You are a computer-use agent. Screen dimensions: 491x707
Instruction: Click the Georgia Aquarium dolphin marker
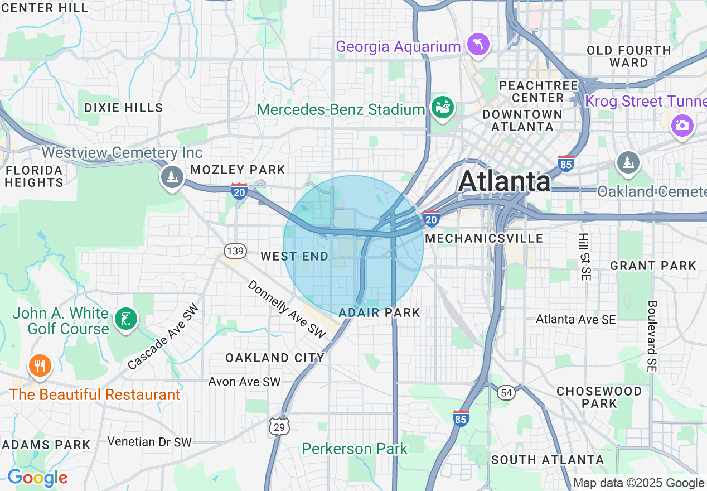pyautogui.click(x=478, y=44)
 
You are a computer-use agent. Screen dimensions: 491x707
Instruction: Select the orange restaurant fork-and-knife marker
pyautogui.click(x=39, y=365)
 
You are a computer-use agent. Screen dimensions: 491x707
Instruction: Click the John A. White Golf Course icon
pyautogui.click(x=125, y=320)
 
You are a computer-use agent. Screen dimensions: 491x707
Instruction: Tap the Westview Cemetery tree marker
pyautogui.click(x=172, y=177)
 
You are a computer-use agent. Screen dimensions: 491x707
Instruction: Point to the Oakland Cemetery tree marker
pyautogui.click(x=628, y=162)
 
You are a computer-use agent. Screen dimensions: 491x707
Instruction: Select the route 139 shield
pyautogui.click(x=235, y=251)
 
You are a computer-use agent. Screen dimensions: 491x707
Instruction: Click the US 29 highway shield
pyautogui.click(x=278, y=426)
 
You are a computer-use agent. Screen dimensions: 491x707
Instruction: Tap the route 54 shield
pyautogui.click(x=506, y=393)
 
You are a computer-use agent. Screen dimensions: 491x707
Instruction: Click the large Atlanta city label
pyautogui.click(x=505, y=181)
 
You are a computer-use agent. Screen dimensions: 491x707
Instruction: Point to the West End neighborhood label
pyautogui.click(x=295, y=256)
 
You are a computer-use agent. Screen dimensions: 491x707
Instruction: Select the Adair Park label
pyautogui.click(x=379, y=312)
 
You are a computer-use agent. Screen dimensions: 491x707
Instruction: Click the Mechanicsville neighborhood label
pyautogui.click(x=484, y=238)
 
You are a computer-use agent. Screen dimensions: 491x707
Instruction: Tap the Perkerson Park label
pyautogui.click(x=355, y=449)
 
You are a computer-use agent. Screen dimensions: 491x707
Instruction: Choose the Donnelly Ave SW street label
pyautogui.click(x=286, y=309)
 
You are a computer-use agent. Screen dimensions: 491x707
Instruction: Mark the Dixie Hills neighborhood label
pyautogui.click(x=123, y=108)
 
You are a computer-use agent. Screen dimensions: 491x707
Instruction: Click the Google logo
pyautogui.click(x=37, y=478)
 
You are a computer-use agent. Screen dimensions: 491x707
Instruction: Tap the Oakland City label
pyautogui.click(x=274, y=358)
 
